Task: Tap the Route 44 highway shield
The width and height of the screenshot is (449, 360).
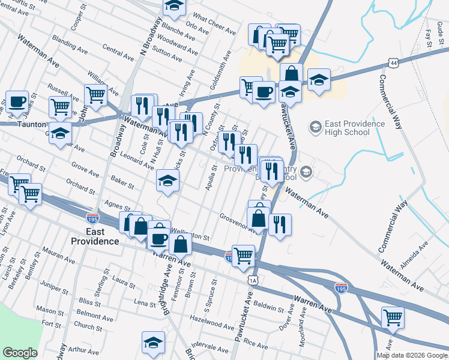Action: (x=393, y=62)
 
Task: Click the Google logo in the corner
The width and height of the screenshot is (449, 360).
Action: (x=20, y=353)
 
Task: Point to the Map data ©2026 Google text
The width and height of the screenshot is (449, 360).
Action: (x=412, y=355)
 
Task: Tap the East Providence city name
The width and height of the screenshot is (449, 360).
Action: (x=95, y=236)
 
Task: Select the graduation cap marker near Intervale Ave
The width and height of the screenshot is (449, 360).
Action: (x=153, y=342)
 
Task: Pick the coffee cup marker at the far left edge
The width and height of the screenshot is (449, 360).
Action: (x=17, y=101)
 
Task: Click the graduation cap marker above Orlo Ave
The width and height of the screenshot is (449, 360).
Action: (x=175, y=6)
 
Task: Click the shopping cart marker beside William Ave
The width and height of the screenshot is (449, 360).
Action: (x=95, y=94)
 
